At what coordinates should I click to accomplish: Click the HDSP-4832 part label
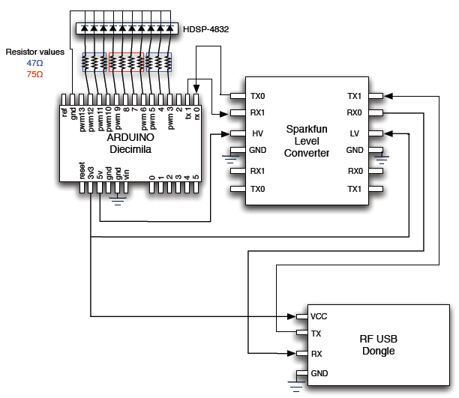coord(205,29)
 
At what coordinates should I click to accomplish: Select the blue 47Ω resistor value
coord(34,64)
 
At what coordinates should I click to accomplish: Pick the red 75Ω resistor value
coord(34,75)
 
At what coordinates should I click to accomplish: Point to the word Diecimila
coord(130,150)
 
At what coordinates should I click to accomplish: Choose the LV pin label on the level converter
coord(355,133)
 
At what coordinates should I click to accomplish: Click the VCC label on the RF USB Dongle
coord(319,316)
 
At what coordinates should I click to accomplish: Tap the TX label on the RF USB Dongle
coord(316,334)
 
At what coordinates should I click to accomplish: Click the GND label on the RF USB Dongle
coord(319,373)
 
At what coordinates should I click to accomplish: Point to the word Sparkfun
coord(307,130)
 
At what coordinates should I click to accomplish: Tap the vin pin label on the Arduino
coord(127,173)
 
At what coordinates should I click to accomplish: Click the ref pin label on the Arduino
coord(65,113)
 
